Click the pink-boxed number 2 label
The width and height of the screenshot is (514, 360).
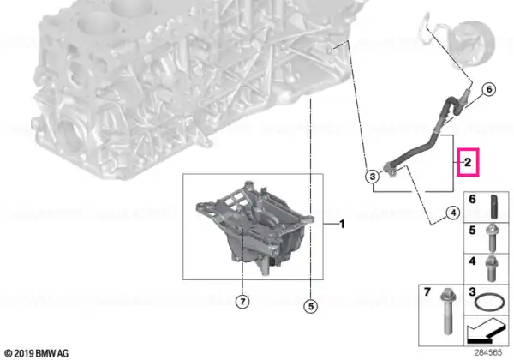click(x=468, y=162)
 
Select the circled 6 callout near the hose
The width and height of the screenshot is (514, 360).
click(x=489, y=89)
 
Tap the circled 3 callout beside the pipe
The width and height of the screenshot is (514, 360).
click(x=373, y=177)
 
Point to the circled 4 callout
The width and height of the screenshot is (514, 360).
click(x=453, y=213)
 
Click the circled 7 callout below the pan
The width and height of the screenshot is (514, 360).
click(x=242, y=302)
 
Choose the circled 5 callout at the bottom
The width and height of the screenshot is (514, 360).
click(x=310, y=306)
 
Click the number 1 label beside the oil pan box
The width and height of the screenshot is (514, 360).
click(x=342, y=225)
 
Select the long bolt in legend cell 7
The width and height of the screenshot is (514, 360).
click(x=446, y=311)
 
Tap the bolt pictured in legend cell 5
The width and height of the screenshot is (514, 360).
click(x=492, y=238)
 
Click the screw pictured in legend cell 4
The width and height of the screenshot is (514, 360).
click(x=492, y=269)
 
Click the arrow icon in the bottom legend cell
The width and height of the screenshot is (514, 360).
click(x=487, y=330)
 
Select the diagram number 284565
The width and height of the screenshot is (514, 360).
click(x=488, y=353)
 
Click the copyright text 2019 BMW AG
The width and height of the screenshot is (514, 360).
click(x=37, y=353)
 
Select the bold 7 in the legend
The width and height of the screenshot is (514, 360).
click(x=427, y=291)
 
